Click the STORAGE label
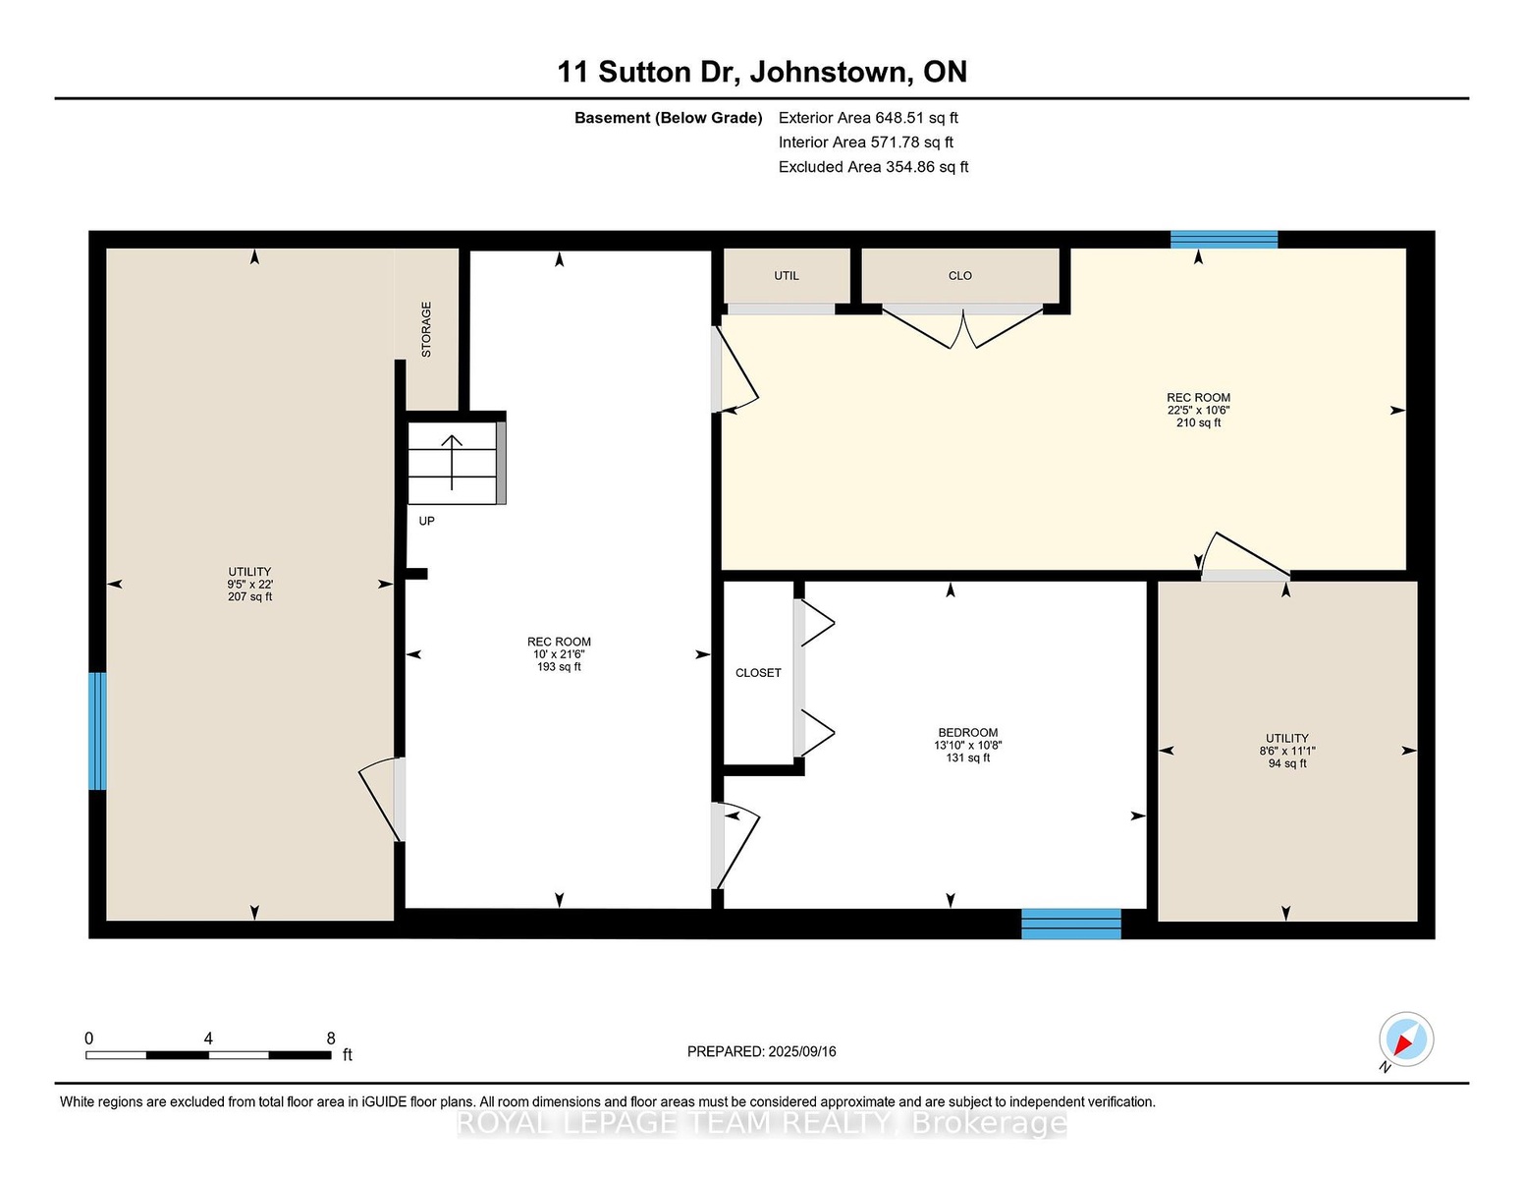point(426,330)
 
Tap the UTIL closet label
point(787,276)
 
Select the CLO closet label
point(960,276)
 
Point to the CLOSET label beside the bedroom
point(758,673)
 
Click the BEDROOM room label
point(968,732)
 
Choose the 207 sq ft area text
point(249,596)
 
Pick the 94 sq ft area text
point(1287,763)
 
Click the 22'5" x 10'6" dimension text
point(1199,411)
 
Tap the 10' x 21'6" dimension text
point(559,654)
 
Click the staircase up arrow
point(452,462)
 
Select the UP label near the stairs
point(426,521)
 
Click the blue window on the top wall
point(1224,239)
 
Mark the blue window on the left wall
point(97,731)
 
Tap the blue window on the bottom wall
point(1071,924)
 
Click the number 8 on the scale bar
point(331,1039)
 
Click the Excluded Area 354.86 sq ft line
point(873,167)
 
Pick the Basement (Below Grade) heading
point(669,118)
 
